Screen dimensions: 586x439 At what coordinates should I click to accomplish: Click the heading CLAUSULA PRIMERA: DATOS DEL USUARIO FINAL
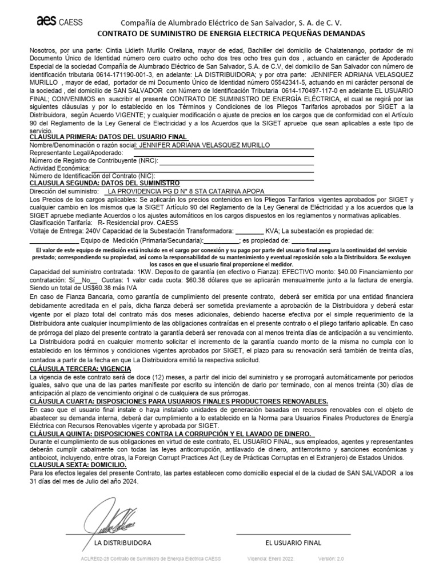coord(108,137)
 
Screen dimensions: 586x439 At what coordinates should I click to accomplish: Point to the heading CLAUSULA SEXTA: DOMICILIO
coord(77,465)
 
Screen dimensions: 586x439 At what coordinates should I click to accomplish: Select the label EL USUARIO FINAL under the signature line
coord(293,543)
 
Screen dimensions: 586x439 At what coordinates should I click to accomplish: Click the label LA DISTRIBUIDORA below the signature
coord(122,543)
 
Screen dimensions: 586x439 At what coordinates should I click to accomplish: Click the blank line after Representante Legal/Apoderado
coord(223,153)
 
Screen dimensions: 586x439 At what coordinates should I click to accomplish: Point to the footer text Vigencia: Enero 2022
coord(271,559)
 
